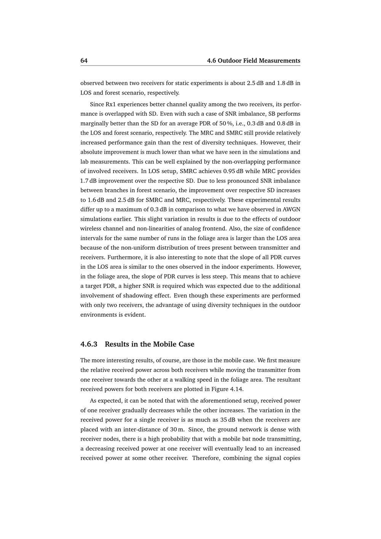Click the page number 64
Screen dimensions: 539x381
(84, 61)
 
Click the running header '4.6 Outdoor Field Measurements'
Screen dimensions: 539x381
(253, 61)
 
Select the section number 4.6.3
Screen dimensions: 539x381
(89, 344)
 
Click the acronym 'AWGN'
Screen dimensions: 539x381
(291, 209)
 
